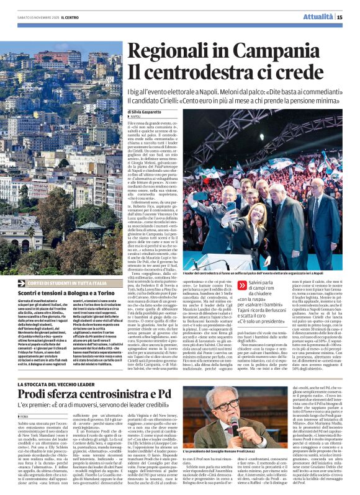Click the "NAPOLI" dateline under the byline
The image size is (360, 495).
[136, 117]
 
